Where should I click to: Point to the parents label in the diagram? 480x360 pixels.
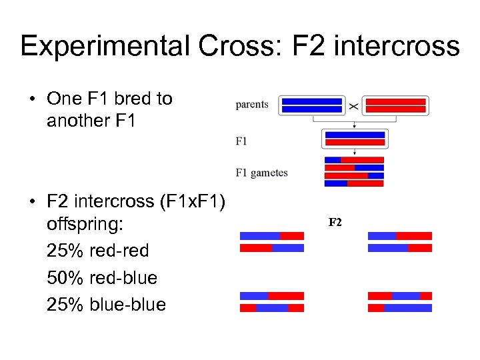(x=252, y=105)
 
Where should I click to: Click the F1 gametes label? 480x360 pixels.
(x=261, y=173)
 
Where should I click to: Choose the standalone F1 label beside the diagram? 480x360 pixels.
(x=241, y=141)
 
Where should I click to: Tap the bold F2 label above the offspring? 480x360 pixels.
(x=335, y=222)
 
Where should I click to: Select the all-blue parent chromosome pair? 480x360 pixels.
(x=312, y=105)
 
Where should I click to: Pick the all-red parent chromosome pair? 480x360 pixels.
(x=396, y=105)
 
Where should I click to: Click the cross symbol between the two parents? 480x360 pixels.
(x=354, y=106)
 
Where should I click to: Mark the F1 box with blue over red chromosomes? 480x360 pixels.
(x=354, y=139)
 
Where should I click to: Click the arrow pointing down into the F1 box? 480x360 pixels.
(x=354, y=125)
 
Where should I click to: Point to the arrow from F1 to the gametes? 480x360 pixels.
(x=354, y=152)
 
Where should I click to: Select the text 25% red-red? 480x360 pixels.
(x=98, y=251)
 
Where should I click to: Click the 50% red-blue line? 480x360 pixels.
(x=102, y=278)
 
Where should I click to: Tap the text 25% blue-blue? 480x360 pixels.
(x=106, y=305)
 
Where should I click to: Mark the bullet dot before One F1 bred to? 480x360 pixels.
(x=32, y=99)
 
